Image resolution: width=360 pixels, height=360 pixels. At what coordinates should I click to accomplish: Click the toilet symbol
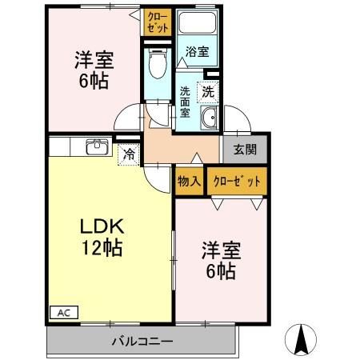click(x=157, y=62)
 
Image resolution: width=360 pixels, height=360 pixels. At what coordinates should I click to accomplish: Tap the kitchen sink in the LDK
click(x=97, y=146)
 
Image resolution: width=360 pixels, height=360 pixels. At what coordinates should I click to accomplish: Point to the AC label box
click(x=61, y=312)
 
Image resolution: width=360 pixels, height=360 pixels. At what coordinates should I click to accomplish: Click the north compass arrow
click(x=303, y=340)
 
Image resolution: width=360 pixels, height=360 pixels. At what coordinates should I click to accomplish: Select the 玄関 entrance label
click(x=245, y=150)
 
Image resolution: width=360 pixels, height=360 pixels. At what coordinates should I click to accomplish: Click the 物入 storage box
click(x=189, y=181)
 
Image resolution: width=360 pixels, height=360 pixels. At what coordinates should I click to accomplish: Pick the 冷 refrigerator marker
click(x=127, y=154)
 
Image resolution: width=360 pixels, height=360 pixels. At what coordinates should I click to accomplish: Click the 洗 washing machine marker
click(x=208, y=91)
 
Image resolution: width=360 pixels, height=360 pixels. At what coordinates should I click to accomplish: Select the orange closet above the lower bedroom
click(x=236, y=181)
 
